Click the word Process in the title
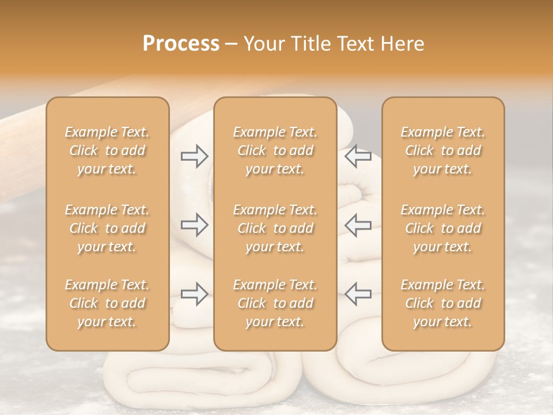pyautogui.click(x=181, y=44)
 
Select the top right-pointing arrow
pyautogui.click(x=195, y=156)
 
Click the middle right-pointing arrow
pyautogui.click(x=195, y=225)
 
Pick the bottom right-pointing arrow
pyautogui.click(x=195, y=295)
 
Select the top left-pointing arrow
pyautogui.click(x=358, y=156)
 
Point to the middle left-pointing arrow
pyautogui.click(x=358, y=225)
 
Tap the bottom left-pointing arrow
pyautogui.click(x=358, y=295)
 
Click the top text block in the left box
pyautogui.click(x=107, y=150)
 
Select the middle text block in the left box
pyautogui.click(x=107, y=228)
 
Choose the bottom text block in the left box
pyautogui.click(x=107, y=303)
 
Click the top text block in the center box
pyautogui.click(x=275, y=150)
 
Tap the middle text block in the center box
pyautogui.click(x=275, y=228)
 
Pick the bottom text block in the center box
pyautogui.click(x=275, y=303)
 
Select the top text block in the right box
pyautogui.click(x=443, y=150)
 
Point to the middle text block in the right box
pyautogui.click(x=443, y=228)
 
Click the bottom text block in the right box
pyautogui.click(x=443, y=303)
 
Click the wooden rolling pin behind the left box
pyautogui.click(x=23, y=138)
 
